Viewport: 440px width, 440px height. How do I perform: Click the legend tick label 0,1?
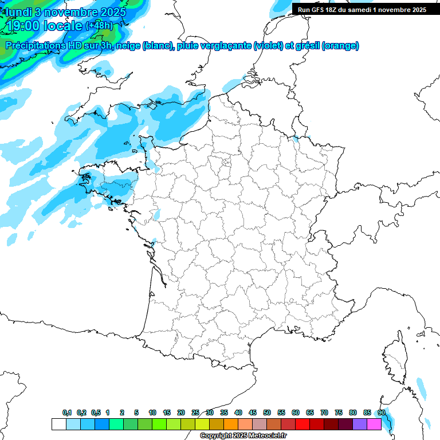click(67, 412)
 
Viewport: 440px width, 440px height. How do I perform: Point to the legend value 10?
click(152, 412)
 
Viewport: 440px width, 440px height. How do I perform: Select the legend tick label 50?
click(267, 412)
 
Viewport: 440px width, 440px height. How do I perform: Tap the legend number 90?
click(382, 412)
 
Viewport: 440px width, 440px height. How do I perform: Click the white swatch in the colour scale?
click(58, 424)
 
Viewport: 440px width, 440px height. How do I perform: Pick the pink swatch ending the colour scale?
click(374, 424)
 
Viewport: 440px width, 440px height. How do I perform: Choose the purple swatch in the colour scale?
click(360, 424)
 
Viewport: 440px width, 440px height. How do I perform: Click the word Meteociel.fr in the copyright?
click(266, 435)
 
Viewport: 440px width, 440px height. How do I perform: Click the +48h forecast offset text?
click(99, 26)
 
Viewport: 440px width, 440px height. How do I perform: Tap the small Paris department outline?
click(226, 162)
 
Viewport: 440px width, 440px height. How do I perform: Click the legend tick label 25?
click(195, 412)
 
